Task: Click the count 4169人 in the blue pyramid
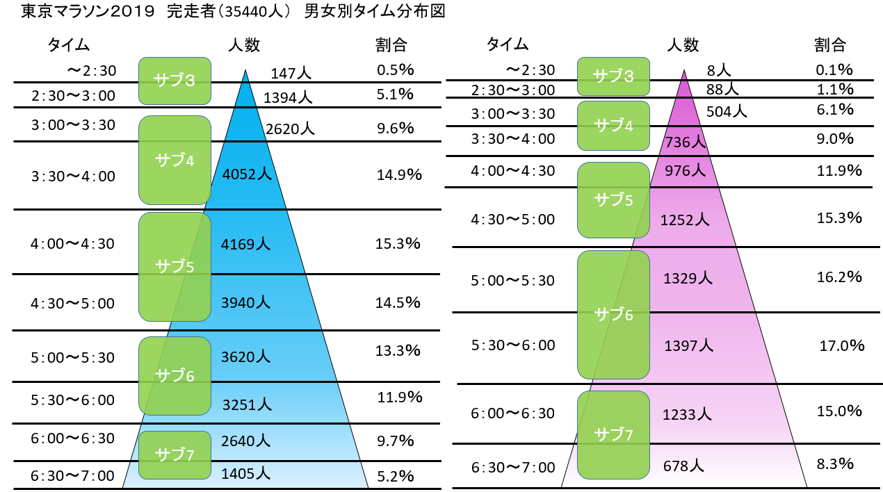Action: (x=246, y=244)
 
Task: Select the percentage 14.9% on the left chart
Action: (x=399, y=175)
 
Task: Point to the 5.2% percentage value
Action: (x=395, y=476)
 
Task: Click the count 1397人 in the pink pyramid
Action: (x=688, y=345)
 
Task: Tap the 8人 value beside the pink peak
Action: (x=718, y=70)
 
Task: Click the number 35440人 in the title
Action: (x=260, y=12)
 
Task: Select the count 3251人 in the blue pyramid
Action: (x=246, y=404)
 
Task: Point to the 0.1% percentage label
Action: (x=834, y=69)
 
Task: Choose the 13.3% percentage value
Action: (x=398, y=350)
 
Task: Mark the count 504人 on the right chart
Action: (x=726, y=110)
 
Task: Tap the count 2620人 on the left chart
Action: (x=290, y=129)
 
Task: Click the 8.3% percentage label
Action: (x=836, y=464)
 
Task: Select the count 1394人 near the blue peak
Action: (x=287, y=97)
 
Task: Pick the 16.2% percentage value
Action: (x=839, y=277)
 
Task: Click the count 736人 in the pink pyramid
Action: (x=685, y=142)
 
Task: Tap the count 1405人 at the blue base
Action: (x=245, y=474)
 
